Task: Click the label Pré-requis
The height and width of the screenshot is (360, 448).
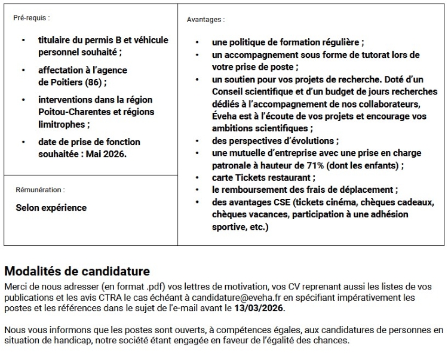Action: tap(32, 18)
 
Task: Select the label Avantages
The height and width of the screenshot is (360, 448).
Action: tap(205, 20)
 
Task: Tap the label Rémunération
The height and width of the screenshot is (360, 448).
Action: tap(40, 190)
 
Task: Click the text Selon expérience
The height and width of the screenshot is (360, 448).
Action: tap(51, 208)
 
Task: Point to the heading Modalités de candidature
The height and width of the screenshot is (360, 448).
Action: tap(77, 272)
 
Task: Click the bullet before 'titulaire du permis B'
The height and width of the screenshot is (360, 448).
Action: tap(23, 41)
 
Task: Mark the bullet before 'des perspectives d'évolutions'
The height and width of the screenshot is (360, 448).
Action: tap(198, 141)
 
